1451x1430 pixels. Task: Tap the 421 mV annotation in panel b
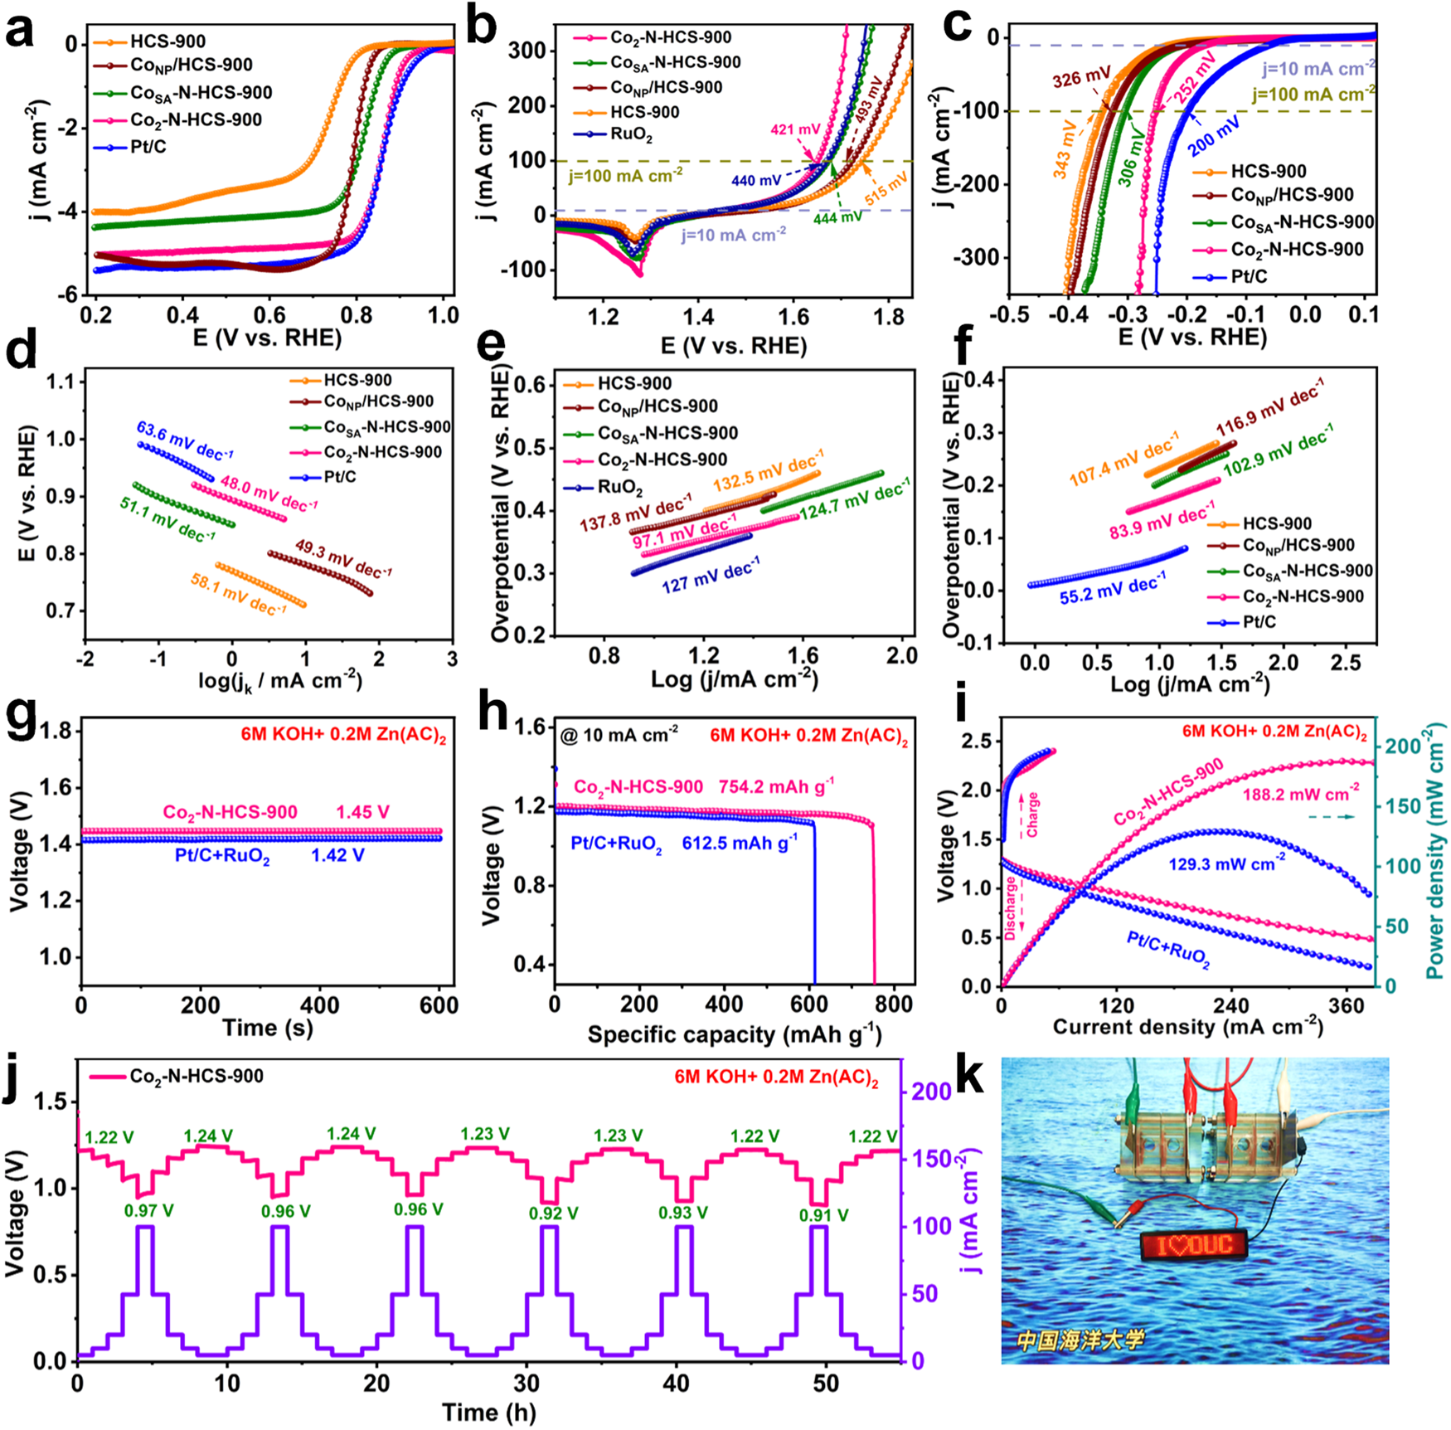tap(794, 129)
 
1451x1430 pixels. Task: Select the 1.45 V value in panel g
tap(362, 812)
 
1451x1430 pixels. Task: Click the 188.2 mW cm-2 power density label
tap(1301, 795)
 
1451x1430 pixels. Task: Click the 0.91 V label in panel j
tap(823, 1215)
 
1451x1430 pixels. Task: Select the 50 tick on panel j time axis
tap(826, 1383)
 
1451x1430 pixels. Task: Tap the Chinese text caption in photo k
tap(1080, 1339)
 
